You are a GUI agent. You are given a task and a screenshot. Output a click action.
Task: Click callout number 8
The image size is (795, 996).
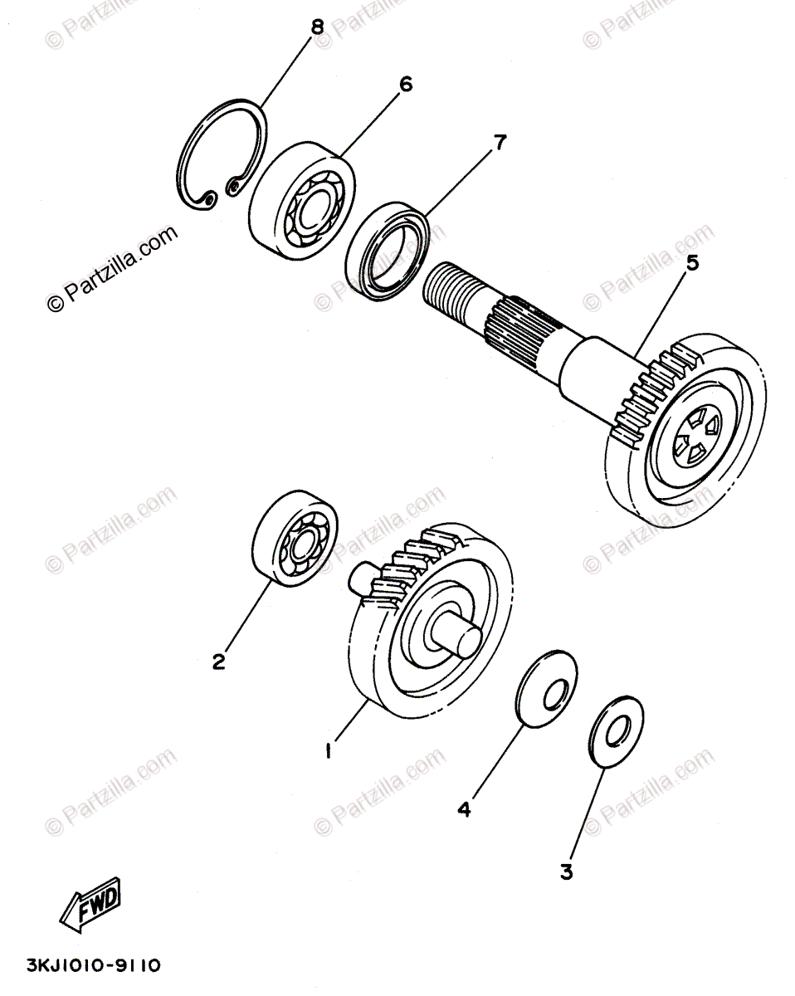pyautogui.click(x=316, y=27)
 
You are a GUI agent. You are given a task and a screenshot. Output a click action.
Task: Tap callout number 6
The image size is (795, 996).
pyautogui.click(x=405, y=85)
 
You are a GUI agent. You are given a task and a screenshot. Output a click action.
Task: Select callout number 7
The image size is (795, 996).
pyautogui.click(x=499, y=143)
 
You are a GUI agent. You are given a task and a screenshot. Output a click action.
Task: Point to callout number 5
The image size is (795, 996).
pyautogui.click(x=692, y=263)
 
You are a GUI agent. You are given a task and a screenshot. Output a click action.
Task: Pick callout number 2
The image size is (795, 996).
pyautogui.click(x=218, y=662)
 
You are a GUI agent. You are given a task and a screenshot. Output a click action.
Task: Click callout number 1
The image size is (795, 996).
pyautogui.click(x=329, y=752)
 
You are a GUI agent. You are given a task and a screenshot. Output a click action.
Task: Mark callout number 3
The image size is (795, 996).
pyautogui.click(x=566, y=871)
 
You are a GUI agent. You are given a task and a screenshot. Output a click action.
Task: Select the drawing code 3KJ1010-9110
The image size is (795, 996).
pyautogui.click(x=82, y=966)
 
